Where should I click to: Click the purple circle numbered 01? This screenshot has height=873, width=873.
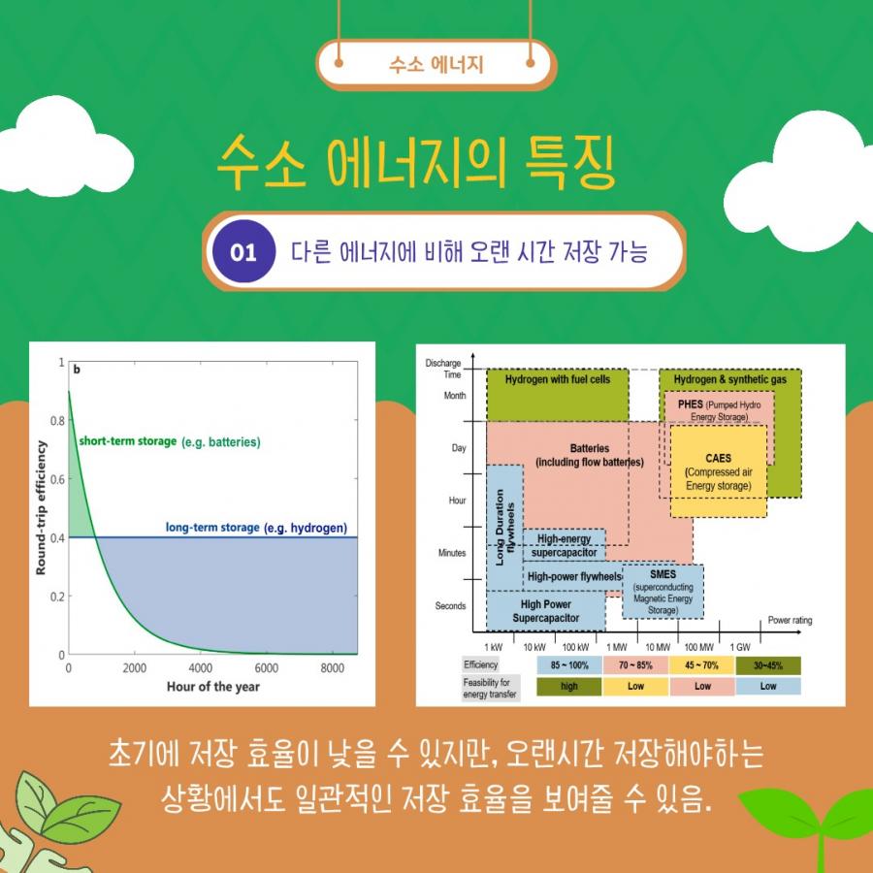(243, 251)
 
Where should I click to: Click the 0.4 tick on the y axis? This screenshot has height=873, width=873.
(58, 537)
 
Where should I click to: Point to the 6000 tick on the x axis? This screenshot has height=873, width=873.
(267, 667)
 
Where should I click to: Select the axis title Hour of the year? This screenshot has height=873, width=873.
(213, 687)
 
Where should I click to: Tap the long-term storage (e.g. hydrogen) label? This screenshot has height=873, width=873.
(256, 528)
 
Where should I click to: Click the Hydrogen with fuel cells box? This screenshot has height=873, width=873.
(558, 395)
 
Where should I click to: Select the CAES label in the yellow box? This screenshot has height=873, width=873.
(718, 458)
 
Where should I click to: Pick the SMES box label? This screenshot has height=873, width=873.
(663, 574)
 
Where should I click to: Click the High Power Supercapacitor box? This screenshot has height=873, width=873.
(545, 611)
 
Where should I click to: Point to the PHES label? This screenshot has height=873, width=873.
(691, 404)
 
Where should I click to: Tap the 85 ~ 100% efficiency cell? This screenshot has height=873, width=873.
(569, 665)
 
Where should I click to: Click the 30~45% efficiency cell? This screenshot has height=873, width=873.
(768, 665)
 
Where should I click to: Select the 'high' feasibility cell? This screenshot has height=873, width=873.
(569, 687)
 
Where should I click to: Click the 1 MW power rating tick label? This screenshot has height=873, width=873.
(616, 647)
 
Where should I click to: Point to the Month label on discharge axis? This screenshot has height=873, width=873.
(455, 396)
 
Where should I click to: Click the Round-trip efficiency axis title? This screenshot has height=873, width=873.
(41, 507)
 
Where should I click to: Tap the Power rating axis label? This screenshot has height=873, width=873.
(790, 620)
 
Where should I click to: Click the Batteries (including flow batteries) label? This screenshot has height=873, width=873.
(590, 455)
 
